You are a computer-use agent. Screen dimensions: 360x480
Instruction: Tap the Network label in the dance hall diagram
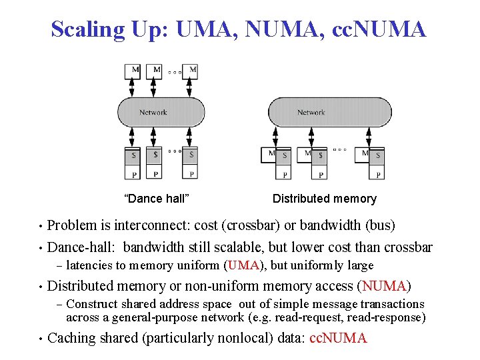click(153, 113)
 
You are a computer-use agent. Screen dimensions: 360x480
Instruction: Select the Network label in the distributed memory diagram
click(311, 113)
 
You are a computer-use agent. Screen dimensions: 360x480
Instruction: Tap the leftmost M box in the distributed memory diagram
click(271, 154)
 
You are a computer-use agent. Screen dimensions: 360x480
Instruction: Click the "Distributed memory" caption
click(325, 199)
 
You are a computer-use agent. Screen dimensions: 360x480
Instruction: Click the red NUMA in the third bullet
click(384, 286)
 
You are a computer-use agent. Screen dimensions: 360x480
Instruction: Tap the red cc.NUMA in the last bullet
click(339, 338)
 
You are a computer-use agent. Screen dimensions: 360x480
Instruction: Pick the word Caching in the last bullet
click(72, 338)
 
